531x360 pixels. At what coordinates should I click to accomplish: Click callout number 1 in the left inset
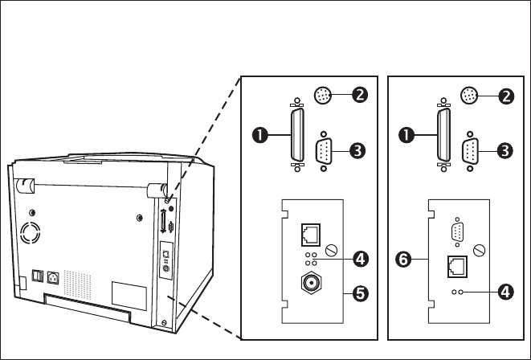click(260, 135)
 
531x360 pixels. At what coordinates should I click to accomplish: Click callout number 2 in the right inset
click(506, 96)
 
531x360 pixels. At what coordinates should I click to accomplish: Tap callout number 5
click(361, 293)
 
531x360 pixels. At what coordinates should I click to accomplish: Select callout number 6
click(403, 260)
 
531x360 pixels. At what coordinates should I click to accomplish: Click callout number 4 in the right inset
click(505, 292)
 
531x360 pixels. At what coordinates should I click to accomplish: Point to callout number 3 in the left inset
click(357, 150)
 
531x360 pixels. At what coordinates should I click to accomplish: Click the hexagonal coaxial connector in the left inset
click(311, 282)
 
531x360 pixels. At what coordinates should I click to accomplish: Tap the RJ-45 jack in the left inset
click(311, 235)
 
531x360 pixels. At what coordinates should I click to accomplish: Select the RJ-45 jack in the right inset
click(458, 267)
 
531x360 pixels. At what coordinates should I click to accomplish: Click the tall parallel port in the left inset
click(297, 135)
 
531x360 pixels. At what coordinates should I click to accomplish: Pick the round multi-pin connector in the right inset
click(469, 96)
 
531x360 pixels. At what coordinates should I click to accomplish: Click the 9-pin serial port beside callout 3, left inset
click(324, 151)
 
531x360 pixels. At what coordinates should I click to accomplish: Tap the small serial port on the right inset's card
click(458, 232)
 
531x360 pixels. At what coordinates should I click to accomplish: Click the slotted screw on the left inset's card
click(332, 251)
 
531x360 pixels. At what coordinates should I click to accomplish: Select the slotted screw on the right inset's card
click(479, 251)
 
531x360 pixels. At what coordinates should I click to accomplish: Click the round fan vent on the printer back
click(31, 233)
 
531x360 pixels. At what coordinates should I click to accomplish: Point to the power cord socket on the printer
click(53, 278)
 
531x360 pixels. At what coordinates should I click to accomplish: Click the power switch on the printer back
click(37, 276)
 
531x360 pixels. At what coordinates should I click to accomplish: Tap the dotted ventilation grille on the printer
click(78, 284)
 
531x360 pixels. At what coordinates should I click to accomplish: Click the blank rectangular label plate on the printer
click(129, 296)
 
